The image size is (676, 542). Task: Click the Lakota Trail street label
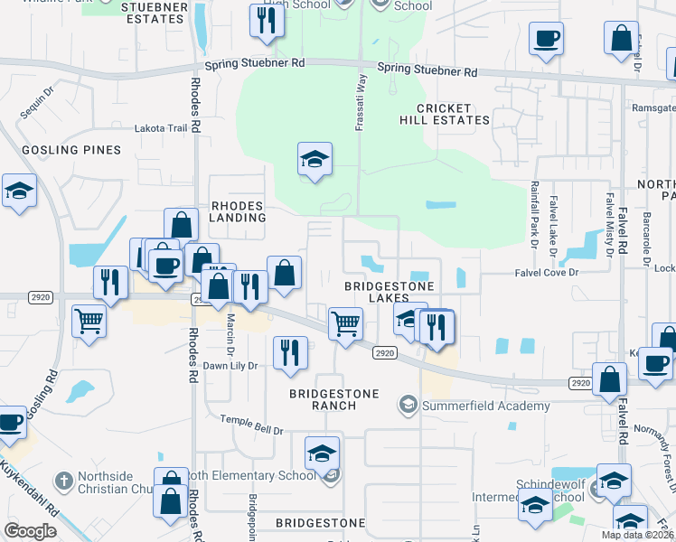pos(161,128)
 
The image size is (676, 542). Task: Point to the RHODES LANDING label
pos(238,211)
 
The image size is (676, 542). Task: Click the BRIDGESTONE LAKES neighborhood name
pos(390,293)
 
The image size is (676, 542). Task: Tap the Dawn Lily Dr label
pos(230,366)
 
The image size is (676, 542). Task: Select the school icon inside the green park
pos(315,160)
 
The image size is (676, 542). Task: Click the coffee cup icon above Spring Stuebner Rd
pos(546,39)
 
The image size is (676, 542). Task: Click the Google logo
pos(30,531)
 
